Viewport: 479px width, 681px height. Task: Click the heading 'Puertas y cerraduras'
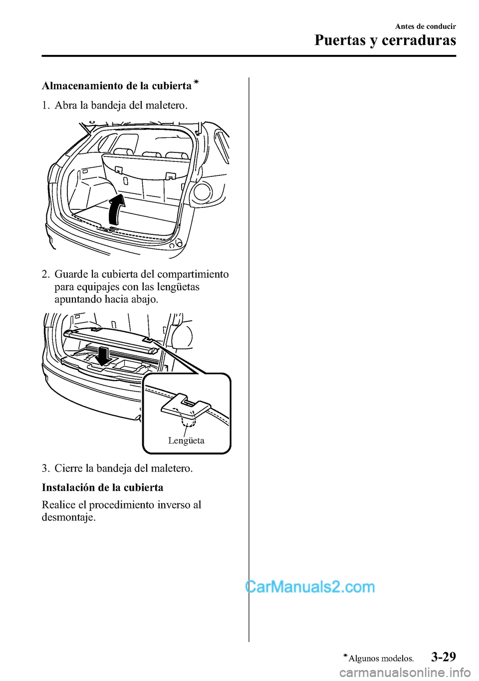tap(385, 40)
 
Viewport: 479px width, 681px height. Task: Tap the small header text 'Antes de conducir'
tap(425, 26)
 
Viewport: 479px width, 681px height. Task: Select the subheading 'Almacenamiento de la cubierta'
tap(117, 86)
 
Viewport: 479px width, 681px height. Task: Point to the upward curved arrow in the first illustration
tap(117, 210)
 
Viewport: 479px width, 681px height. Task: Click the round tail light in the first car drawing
tap(203, 192)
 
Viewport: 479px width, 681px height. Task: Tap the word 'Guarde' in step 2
tap(71, 274)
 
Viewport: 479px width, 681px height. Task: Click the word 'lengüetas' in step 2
tap(178, 287)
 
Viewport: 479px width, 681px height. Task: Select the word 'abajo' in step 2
tap(143, 299)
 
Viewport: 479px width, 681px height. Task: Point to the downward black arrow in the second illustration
tap(104, 357)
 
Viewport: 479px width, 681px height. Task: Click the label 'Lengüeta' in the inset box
tap(186, 441)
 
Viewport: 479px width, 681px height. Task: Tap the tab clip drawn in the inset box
tap(185, 407)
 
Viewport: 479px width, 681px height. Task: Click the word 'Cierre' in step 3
tap(69, 468)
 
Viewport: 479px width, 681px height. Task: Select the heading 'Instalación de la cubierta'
tap(102, 488)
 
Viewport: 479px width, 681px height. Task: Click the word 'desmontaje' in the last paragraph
tap(67, 517)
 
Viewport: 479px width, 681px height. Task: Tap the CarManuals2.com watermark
tap(310, 587)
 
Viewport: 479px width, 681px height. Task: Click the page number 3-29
tap(443, 657)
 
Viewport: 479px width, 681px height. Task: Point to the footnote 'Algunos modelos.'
tap(381, 659)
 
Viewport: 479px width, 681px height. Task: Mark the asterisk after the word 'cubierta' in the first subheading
tap(196, 81)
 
